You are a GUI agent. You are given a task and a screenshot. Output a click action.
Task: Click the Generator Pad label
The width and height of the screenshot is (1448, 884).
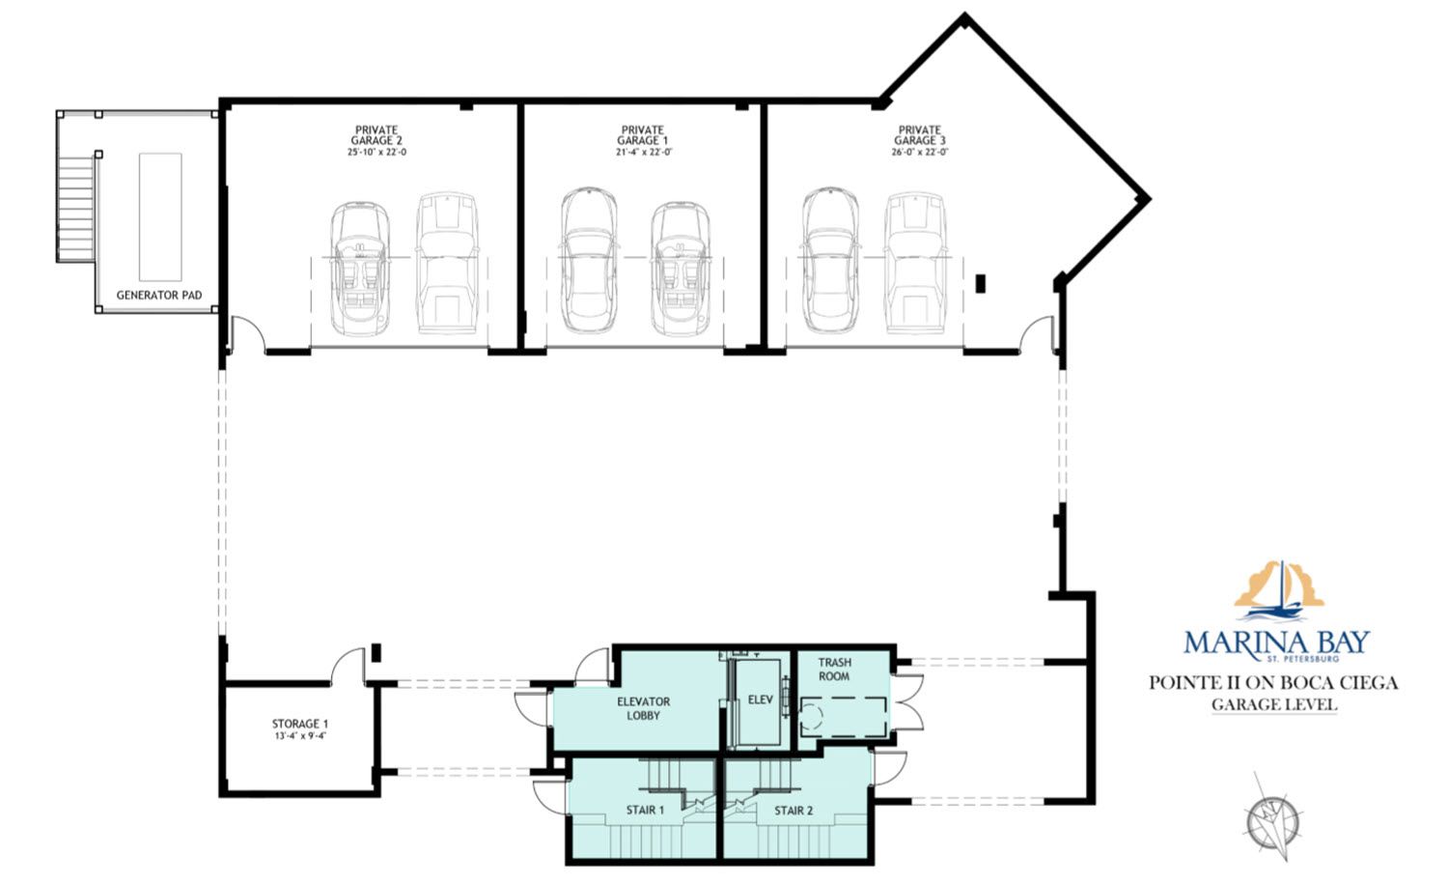[x=159, y=295]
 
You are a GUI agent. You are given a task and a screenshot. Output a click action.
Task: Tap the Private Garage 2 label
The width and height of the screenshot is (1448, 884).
[x=376, y=135]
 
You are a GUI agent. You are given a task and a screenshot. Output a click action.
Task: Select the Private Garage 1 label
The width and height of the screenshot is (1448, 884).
[x=643, y=135]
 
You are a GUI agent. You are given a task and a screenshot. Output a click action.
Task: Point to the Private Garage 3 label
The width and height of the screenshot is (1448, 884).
[x=920, y=135]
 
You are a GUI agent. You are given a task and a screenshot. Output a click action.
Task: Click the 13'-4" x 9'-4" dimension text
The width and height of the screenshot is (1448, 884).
[x=300, y=736]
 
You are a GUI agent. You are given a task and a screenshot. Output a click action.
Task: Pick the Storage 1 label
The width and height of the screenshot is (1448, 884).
[x=300, y=724]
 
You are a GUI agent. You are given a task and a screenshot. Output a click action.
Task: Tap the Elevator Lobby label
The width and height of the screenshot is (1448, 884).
[x=643, y=708]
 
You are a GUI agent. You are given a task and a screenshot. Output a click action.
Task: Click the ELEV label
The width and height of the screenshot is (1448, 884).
[x=761, y=699]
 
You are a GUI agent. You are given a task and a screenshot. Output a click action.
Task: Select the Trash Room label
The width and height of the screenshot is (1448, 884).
[x=835, y=670]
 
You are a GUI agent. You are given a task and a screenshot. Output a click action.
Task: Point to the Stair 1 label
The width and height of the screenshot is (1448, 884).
[x=645, y=811]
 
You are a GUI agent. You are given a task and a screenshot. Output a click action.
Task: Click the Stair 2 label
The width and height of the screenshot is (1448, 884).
[x=794, y=811]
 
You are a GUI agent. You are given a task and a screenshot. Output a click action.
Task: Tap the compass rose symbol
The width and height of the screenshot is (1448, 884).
[x=1273, y=820]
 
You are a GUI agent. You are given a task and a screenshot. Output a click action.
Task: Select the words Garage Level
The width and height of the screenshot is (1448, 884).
[x=1273, y=704]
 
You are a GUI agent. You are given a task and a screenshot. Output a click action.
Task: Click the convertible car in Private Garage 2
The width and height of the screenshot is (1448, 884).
[x=360, y=269]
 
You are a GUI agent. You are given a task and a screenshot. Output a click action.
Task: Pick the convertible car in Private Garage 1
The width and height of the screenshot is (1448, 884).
[x=680, y=269]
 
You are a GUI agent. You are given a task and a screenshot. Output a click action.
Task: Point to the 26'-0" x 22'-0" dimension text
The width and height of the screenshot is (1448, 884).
[x=920, y=153]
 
